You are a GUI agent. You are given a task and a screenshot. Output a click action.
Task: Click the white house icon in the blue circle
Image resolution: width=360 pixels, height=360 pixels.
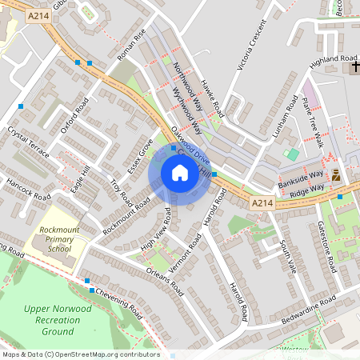[180, 173]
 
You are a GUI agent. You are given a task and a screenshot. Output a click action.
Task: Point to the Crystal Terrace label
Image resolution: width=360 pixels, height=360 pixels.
[27, 141]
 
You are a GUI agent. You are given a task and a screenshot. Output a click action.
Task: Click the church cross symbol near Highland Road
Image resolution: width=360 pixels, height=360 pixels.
[354, 69]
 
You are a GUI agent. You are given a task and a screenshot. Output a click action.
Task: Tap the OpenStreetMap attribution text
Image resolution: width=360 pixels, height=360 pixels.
[81, 354]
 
